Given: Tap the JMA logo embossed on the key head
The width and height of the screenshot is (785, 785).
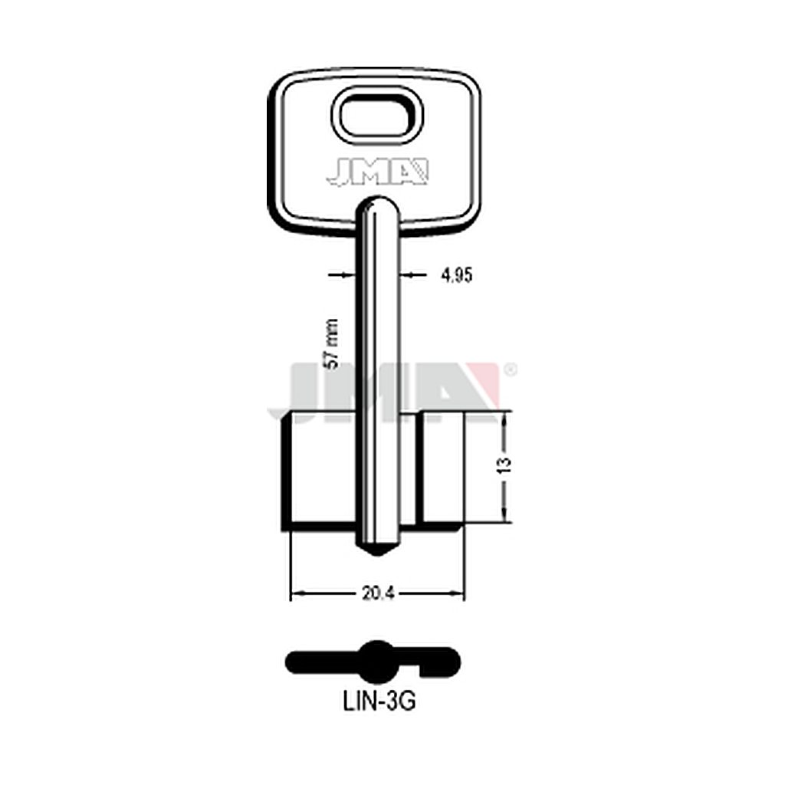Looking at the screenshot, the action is (377, 172).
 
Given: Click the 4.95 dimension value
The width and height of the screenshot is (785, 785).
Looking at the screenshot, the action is (457, 275).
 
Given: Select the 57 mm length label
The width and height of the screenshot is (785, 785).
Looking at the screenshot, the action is (331, 344).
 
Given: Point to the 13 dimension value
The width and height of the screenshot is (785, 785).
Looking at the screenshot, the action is (506, 465).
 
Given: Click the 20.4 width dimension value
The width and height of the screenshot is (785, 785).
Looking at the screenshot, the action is (379, 593).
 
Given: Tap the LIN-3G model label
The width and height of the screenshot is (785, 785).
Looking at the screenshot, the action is (379, 702).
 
